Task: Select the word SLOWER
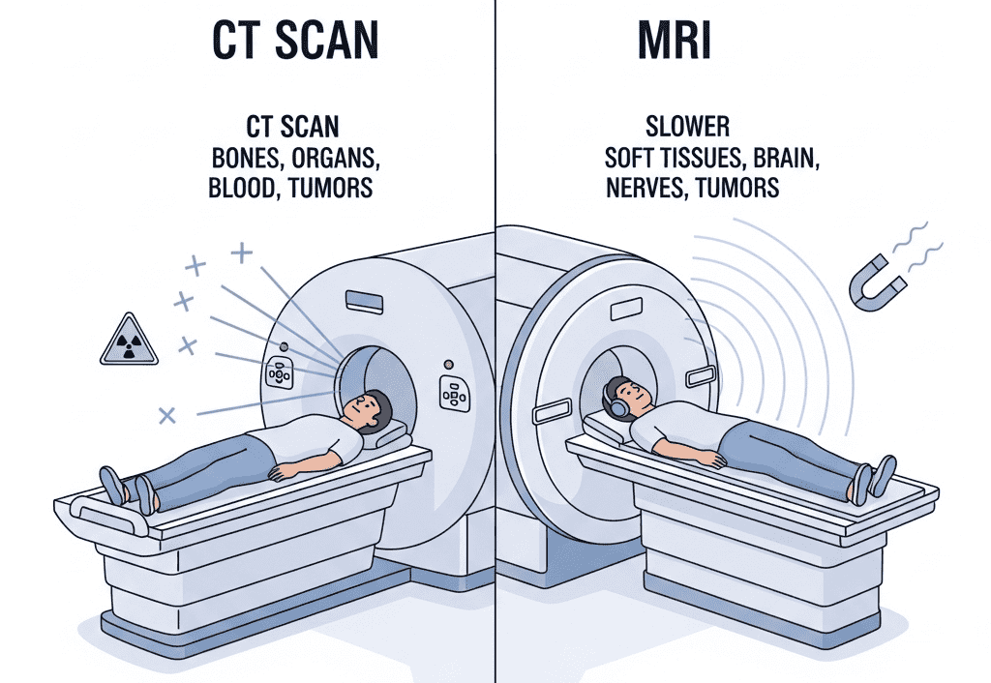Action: click(x=687, y=127)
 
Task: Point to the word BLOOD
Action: click(x=241, y=187)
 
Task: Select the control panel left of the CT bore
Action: click(x=280, y=373)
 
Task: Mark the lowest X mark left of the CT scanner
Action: click(x=167, y=415)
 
